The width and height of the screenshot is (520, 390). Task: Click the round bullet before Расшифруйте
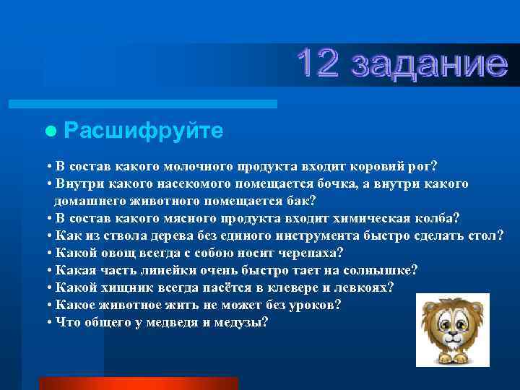tap(50, 131)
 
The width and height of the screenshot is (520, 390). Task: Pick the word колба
tap(438, 217)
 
